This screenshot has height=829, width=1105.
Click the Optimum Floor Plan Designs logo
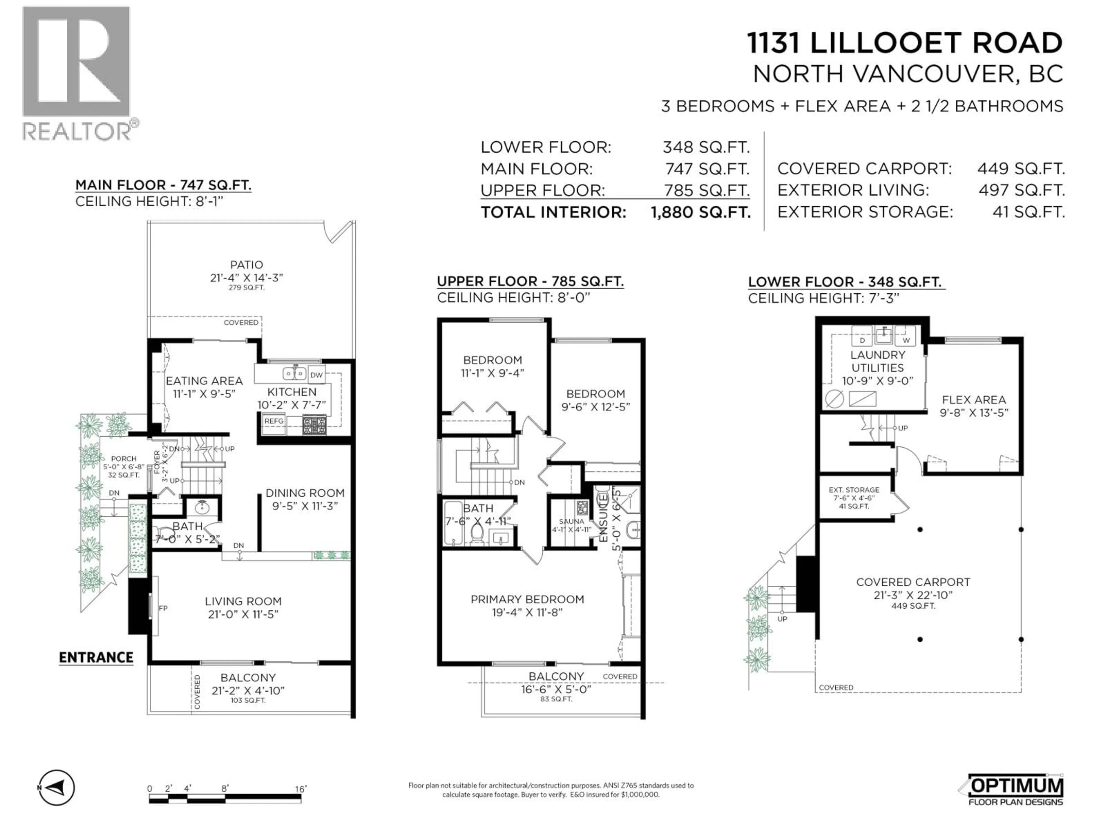click(x=1011, y=790)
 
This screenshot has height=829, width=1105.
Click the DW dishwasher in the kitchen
click(x=316, y=375)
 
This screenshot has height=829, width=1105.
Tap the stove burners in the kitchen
click(x=314, y=425)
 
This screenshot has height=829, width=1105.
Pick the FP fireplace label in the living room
click(x=163, y=608)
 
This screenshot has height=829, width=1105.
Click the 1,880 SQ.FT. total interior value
click(x=700, y=212)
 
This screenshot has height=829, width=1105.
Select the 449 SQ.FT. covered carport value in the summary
click(x=1021, y=169)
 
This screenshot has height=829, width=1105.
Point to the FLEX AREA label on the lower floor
click(x=973, y=400)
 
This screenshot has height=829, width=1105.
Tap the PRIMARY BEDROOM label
click(x=527, y=599)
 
